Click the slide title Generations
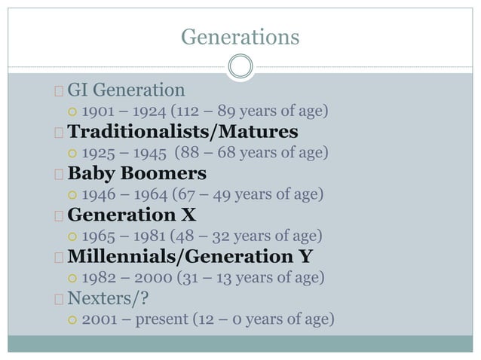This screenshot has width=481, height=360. (240, 35)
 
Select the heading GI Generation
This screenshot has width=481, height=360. (126, 91)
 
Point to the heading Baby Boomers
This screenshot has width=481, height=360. (136, 175)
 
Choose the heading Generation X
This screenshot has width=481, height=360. (134, 216)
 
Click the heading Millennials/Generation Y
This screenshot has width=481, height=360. (190, 258)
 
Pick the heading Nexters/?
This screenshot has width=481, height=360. (109, 299)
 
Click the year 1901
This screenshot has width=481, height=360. (98, 113)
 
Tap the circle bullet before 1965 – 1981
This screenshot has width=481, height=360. (72, 237)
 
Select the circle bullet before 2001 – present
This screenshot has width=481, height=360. (72, 320)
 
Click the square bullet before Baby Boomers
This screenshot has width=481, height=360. (59, 175)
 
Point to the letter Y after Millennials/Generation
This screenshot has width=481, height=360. (305, 258)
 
